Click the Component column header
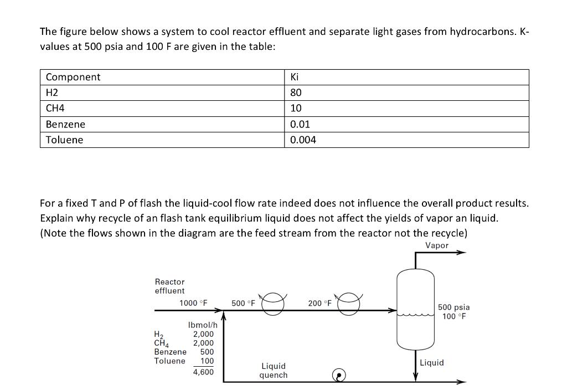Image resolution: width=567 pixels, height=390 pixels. point(73,77)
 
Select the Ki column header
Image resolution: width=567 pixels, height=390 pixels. point(295,77)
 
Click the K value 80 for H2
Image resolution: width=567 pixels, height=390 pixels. point(296,93)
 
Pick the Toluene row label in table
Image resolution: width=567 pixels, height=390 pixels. point(64,140)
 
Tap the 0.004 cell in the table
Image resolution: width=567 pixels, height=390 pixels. point(303,140)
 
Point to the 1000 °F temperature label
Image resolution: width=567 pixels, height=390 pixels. point(193,303)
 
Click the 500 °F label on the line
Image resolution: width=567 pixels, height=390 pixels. point(243,303)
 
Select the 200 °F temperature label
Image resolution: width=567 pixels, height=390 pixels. point(319,303)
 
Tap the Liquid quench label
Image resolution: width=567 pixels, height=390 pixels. point(274,371)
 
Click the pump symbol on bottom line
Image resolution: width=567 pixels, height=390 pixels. point(339,376)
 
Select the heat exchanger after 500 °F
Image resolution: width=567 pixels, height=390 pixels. point(274,304)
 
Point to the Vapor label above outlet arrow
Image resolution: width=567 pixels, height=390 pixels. point(437,245)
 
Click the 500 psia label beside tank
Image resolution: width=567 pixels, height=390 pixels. point(453,307)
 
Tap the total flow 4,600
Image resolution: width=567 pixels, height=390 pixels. point(203,372)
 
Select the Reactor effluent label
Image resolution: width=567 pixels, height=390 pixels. point(170,286)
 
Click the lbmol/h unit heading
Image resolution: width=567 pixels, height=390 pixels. point(203,325)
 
